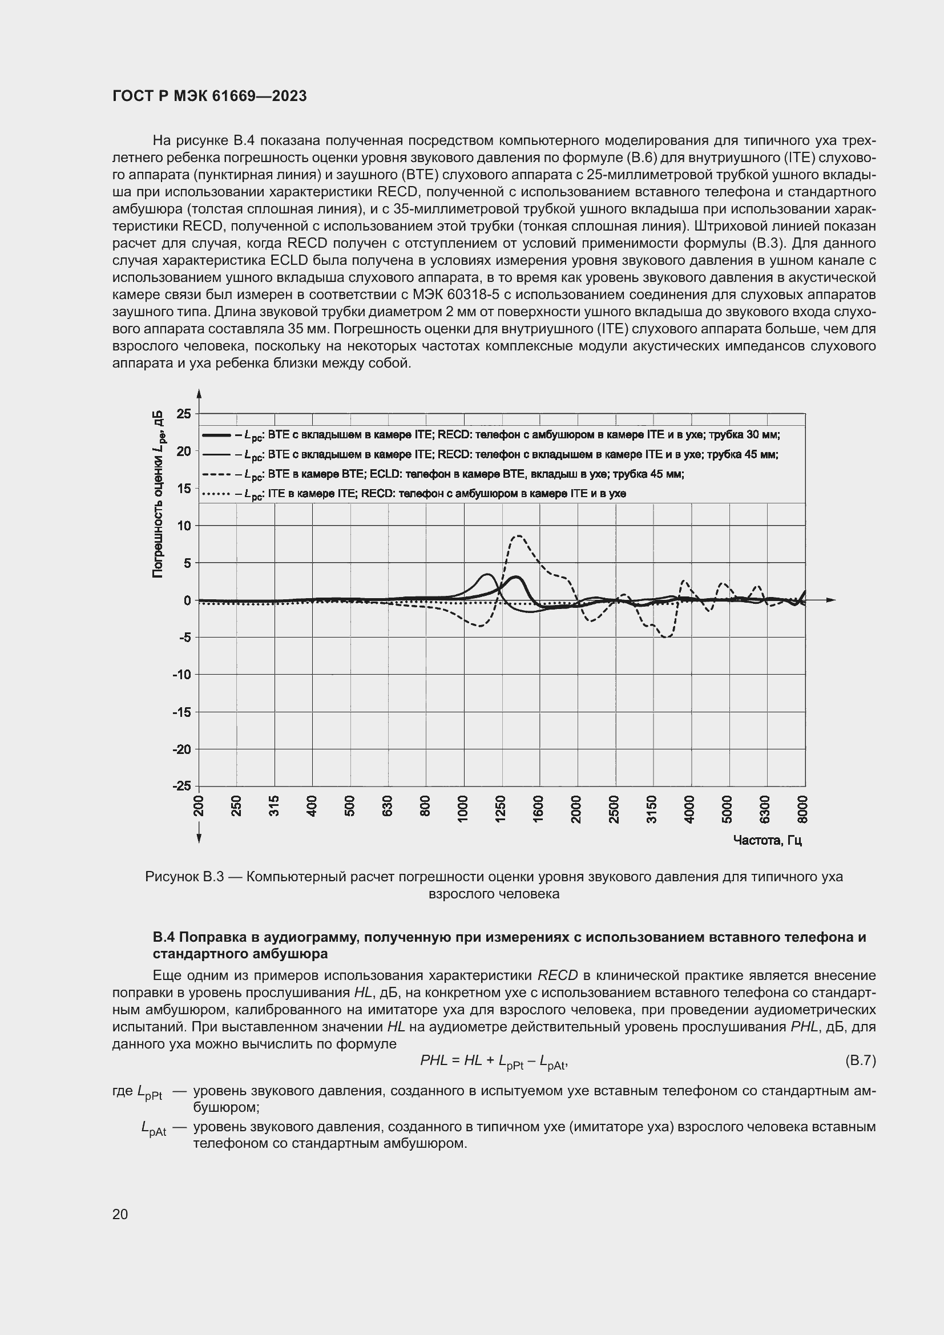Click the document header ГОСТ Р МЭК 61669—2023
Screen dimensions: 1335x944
point(209,96)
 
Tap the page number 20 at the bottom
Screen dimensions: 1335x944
point(120,1214)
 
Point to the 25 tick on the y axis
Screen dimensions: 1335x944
point(184,414)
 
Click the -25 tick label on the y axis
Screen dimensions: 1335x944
point(181,786)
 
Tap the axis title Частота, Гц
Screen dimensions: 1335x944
point(767,840)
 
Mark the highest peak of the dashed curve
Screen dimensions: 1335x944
point(518,535)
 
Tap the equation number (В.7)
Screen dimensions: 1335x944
point(860,1060)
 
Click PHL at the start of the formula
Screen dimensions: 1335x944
point(434,1060)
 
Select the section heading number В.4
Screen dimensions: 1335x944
point(164,937)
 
